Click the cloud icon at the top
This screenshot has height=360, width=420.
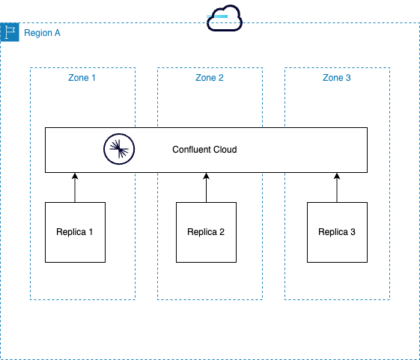point(225,18)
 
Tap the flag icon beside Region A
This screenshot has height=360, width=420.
point(10,33)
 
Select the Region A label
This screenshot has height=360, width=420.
point(43,34)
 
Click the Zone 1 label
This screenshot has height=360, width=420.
point(82,78)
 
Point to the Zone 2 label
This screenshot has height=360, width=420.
point(210,78)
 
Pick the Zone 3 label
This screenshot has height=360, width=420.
point(337,78)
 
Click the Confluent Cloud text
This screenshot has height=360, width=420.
point(204,150)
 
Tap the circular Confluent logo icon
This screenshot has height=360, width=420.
point(118,150)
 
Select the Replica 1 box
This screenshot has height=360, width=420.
point(75,232)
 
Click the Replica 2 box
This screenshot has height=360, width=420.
point(206,232)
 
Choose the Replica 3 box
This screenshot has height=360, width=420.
point(337,232)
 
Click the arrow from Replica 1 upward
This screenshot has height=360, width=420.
point(75,189)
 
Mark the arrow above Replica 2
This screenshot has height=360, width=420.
point(206,189)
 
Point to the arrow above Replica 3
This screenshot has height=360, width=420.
point(337,189)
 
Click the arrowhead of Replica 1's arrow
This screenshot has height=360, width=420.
point(75,177)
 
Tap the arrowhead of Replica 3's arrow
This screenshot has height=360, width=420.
point(337,177)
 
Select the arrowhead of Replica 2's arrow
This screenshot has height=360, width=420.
point(206,177)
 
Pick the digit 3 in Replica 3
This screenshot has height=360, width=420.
point(353,232)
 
